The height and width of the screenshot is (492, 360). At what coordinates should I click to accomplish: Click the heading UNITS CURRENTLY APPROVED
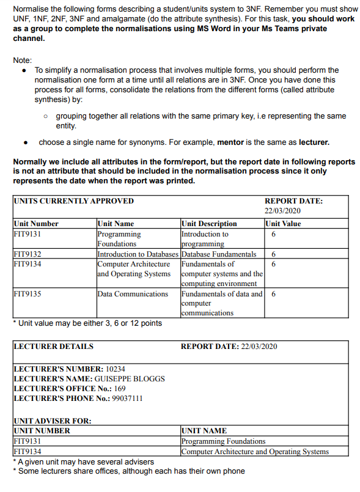pos(73,201)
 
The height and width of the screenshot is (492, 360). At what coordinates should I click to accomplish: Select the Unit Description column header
pos(209,224)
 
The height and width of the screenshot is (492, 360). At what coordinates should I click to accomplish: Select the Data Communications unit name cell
pos(133,294)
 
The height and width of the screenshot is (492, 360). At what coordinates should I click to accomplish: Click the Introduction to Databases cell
pos(138,254)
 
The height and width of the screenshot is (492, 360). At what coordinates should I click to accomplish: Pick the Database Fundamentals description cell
pos(219,254)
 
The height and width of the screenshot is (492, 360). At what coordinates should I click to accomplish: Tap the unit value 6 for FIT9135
pos(273,294)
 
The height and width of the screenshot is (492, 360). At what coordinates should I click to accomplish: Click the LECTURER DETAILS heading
pos(54,347)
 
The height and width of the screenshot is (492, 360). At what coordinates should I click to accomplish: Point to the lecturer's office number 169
pos(120,389)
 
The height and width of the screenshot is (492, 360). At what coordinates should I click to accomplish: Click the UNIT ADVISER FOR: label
pos(52,421)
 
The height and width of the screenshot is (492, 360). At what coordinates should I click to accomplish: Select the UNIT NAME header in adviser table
pos(204,431)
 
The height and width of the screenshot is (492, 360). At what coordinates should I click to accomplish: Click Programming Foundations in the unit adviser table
pos(223,441)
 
